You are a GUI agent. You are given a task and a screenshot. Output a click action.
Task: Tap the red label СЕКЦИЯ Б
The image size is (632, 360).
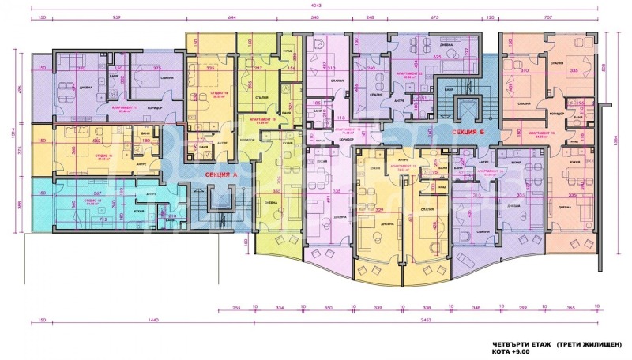coord(468,133)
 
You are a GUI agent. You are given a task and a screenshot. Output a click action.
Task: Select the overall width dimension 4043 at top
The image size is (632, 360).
coord(315,6)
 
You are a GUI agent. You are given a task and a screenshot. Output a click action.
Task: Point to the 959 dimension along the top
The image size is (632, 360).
coord(117,17)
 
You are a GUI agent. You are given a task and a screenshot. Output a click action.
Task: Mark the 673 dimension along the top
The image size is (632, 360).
coord(434,17)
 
